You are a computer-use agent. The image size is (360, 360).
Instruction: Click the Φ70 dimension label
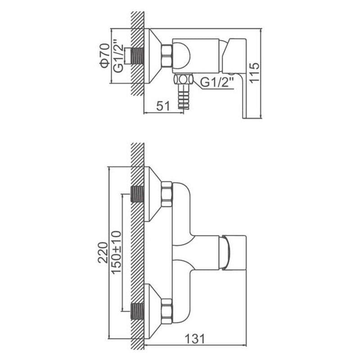(105, 56)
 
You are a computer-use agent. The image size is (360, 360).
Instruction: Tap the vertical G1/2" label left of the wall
(118, 56)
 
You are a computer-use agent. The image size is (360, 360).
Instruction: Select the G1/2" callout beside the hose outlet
(217, 82)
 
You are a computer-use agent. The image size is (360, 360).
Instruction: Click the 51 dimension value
(163, 106)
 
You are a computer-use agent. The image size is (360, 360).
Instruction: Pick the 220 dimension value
(103, 252)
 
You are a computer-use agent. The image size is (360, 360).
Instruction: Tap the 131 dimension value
(195, 339)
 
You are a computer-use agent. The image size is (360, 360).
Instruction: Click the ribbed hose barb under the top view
(184, 97)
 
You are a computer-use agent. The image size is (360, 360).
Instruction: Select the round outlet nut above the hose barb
(183, 80)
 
